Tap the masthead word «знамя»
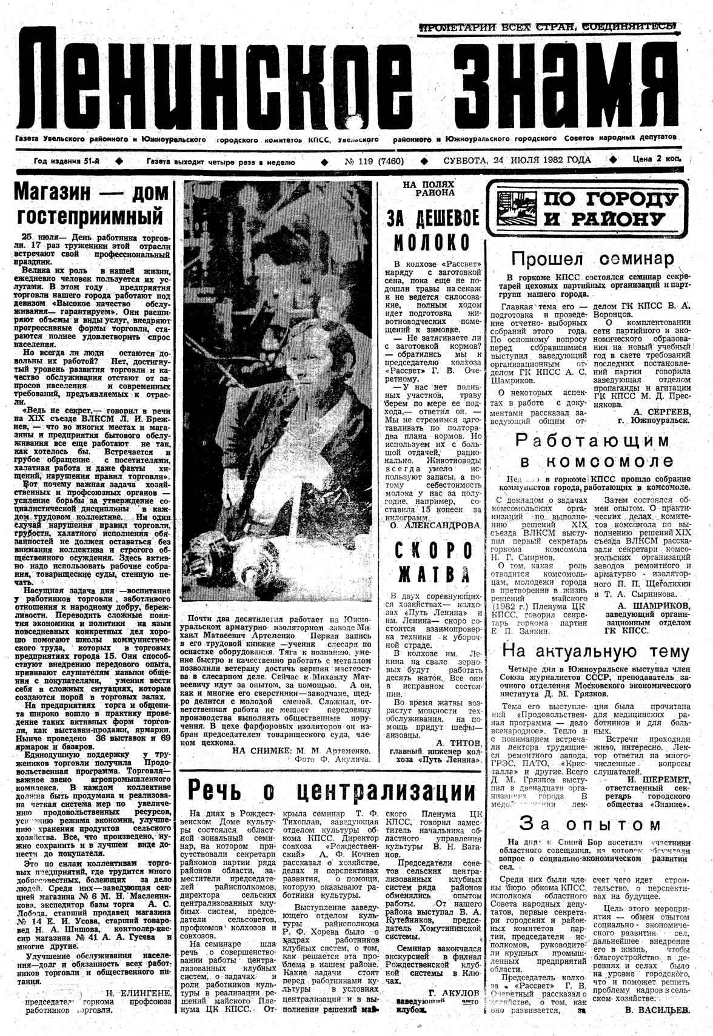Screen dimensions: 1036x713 (548, 82)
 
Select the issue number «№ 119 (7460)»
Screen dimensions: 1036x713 (374, 161)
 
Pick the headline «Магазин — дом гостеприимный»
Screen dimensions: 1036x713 (92, 203)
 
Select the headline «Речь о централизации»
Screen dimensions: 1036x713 (332, 791)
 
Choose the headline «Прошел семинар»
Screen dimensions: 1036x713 (592, 259)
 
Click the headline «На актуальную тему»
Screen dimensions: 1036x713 (596, 651)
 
